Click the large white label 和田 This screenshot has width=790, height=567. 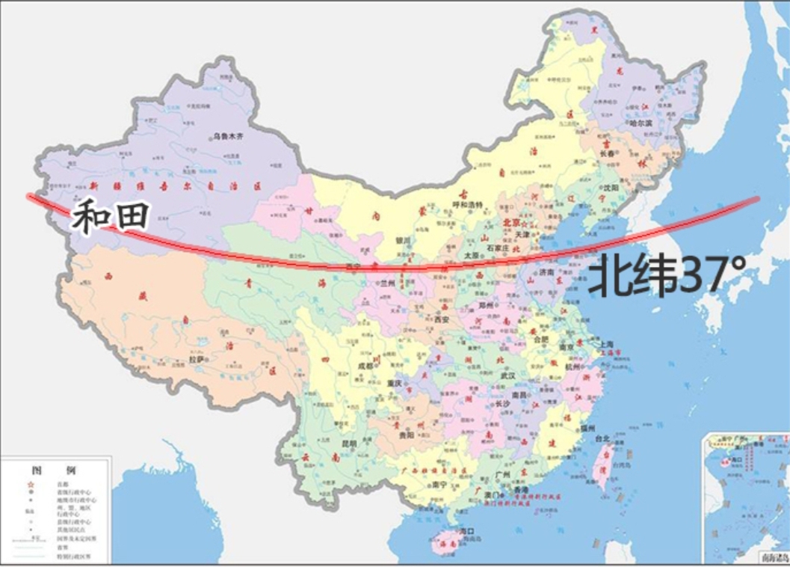111,217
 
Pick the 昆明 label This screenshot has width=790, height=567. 348,443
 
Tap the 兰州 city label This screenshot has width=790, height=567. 388,283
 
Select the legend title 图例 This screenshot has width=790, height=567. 52,471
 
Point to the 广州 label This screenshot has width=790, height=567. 502,474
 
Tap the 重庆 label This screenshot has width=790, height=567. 393,383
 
